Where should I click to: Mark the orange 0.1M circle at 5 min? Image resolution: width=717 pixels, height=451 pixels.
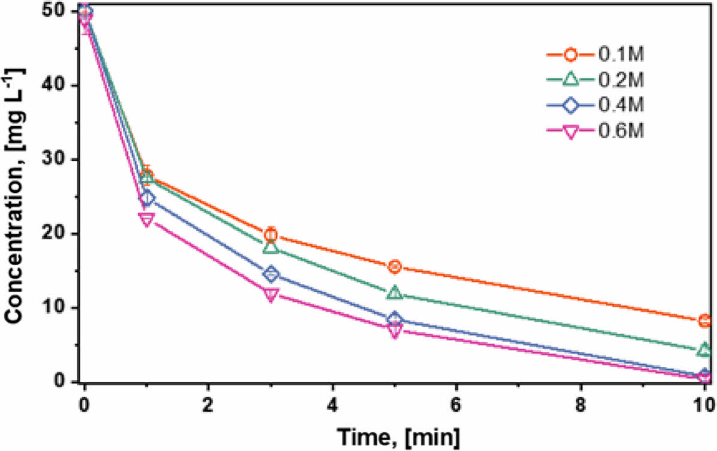point(394,266)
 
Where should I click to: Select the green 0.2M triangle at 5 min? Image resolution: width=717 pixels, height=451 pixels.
point(394,293)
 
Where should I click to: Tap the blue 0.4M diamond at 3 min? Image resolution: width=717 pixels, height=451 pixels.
point(270,274)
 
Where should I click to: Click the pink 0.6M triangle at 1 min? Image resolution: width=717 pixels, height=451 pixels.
point(147,219)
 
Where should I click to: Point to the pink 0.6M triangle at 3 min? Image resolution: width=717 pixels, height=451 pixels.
point(270,295)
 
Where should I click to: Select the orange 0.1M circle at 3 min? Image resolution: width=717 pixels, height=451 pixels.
point(270,235)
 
